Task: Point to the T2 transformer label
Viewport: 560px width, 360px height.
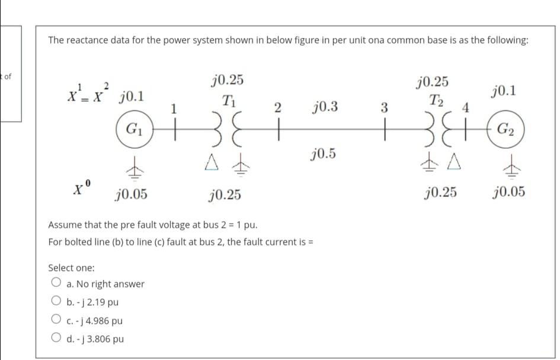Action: point(437,99)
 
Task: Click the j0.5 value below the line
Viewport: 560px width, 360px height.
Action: point(323,154)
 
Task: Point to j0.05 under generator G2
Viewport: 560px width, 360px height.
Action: point(508,192)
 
